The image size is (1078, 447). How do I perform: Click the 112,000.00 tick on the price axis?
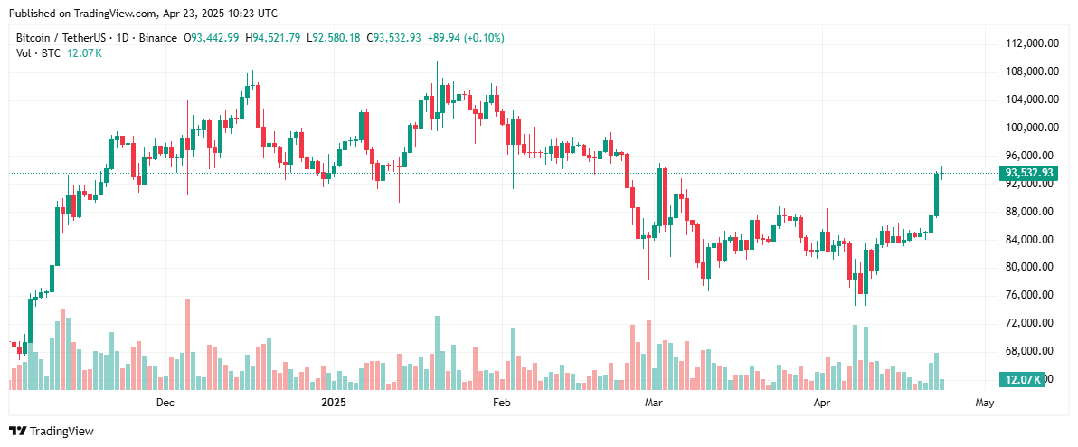pos(1034,43)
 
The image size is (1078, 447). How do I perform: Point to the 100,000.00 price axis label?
pos(1034,128)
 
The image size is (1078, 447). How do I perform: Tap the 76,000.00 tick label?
pos(1034,295)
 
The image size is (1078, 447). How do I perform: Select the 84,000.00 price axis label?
pos(1034,240)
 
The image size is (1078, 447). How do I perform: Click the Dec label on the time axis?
pos(165,402)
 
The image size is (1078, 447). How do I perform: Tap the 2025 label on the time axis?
pos(335,402)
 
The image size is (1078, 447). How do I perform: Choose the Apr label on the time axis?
pos(822,402)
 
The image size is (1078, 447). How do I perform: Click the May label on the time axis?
pos(985,402)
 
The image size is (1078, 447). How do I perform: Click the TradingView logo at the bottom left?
pos(52,432)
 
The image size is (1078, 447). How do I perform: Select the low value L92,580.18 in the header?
pos(334,38)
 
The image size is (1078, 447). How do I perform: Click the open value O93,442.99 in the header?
pos(212,38)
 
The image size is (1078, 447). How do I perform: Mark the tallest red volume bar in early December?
pos(187,344)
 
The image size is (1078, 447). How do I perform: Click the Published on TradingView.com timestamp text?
pos(143,14)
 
